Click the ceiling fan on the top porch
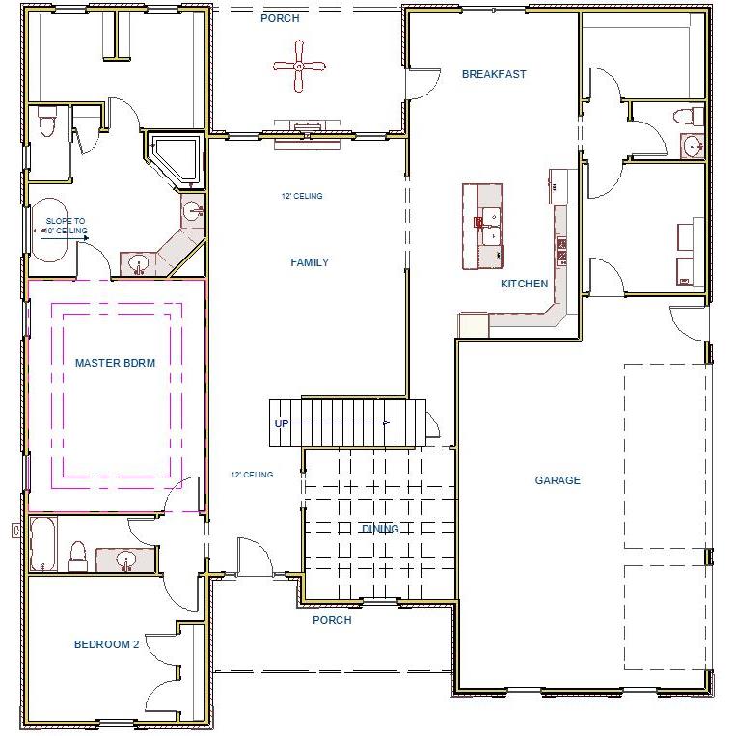[x=299, y=67]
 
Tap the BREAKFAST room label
[x=494, y=74]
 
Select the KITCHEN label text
[x=524, y=284]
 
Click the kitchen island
[x=483, y=227]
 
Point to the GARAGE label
[x=558, y=480]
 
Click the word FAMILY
[x=310, y=262]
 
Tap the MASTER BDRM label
[x=115, y=363]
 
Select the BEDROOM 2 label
[x=107, y=644]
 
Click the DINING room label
[x=380, y=529]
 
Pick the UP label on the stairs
[x=282, y=423]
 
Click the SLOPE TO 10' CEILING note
[x=66, y=226]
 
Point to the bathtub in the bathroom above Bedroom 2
[x=44, y=545]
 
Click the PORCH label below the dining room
[x=332, y=620]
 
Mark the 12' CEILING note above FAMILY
[x=302, y=196]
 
